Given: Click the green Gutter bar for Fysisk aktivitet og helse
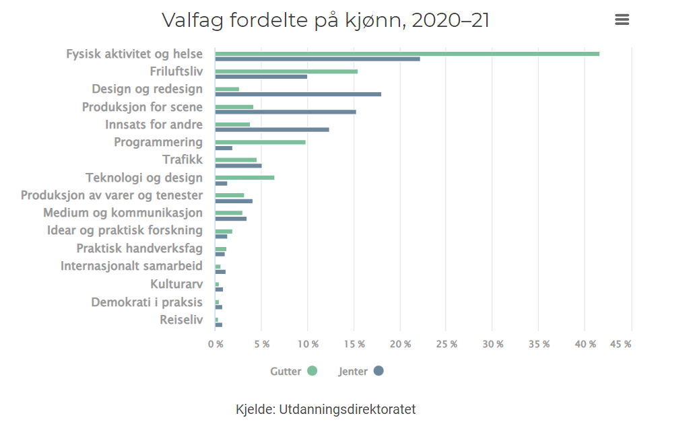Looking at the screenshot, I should coord(407,54).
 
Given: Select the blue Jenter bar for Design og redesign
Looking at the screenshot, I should coord(298,94).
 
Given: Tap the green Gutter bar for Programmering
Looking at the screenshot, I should coord(260,142).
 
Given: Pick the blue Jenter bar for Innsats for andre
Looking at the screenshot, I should coord(272,129).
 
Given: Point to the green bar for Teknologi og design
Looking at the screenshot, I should coord(244,178).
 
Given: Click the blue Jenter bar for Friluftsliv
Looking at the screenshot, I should coord(261,77).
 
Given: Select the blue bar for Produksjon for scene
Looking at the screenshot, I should coord(286,112).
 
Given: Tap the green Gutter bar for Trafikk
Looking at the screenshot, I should coord(236,160).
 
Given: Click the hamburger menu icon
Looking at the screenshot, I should coord(622,20).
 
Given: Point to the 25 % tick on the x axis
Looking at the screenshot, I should coord(446,344).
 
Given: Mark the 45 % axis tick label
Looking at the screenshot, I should coord(620,344).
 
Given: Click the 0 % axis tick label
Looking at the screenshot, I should coord(215,344).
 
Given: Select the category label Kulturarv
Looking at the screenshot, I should coord(176,284).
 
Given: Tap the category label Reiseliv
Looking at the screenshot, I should coord(180,320).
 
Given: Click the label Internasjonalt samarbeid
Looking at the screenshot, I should coord(131,266).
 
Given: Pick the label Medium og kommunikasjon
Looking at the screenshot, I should coord(123,213).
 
